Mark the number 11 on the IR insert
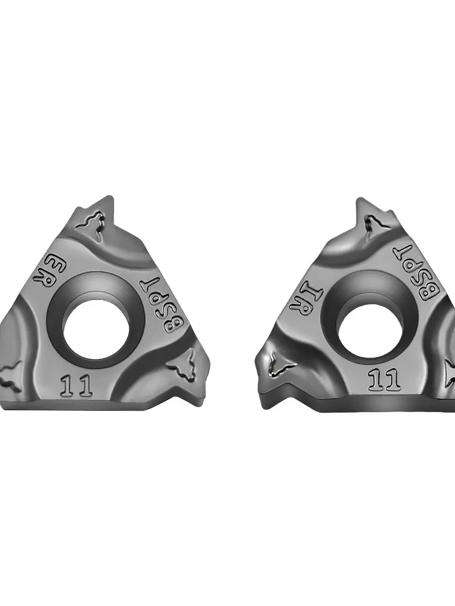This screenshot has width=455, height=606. coord(383,379)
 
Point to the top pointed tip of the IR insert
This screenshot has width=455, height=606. coord(362,199)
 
